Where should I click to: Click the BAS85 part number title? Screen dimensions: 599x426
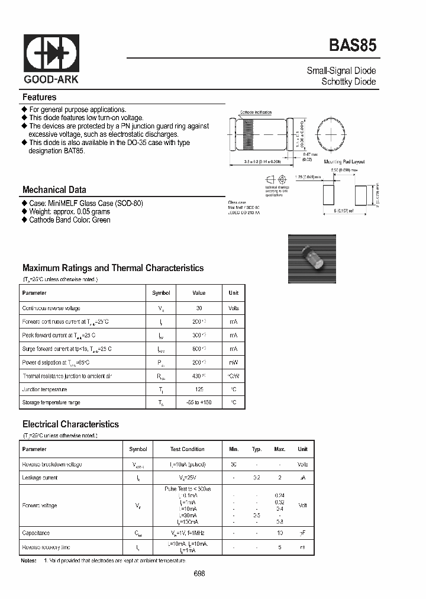tap(352, 46)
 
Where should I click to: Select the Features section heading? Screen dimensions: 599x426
tap(39, 97)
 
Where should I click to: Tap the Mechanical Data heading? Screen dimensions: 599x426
tap(54, 190)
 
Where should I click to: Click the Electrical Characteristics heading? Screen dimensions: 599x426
tap(70, 424)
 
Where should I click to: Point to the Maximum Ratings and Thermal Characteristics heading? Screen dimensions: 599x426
tap(112, 268)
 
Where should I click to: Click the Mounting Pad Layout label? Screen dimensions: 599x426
tap(344, 162)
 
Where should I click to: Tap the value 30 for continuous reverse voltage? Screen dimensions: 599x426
tap(199, 308)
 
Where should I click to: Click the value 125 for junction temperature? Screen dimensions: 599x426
tap(199, 389)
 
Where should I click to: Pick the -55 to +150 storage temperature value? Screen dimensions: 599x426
tap(199, 402)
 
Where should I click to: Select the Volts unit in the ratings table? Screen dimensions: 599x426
tap(234, 308)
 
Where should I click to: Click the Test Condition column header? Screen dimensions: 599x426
tap(187, 449)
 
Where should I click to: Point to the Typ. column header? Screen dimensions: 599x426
tap(257, 449)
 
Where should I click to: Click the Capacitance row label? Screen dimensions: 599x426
tap(35, 533)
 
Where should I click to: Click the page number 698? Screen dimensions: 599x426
tap(199, 574)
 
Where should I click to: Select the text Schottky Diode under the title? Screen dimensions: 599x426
tap(348, 82)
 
